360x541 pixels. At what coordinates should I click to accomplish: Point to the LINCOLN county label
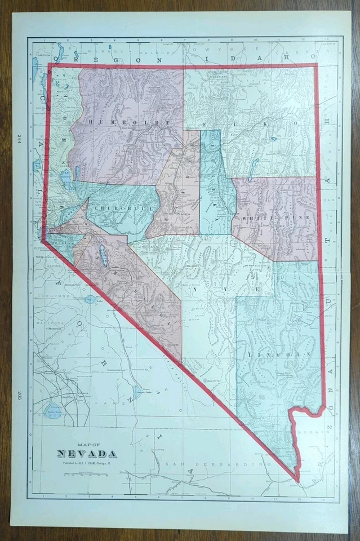coord(278,354)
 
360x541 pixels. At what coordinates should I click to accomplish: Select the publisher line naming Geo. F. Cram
coord(87,464)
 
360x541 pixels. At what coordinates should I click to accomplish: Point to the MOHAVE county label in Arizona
coord(313,433)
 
